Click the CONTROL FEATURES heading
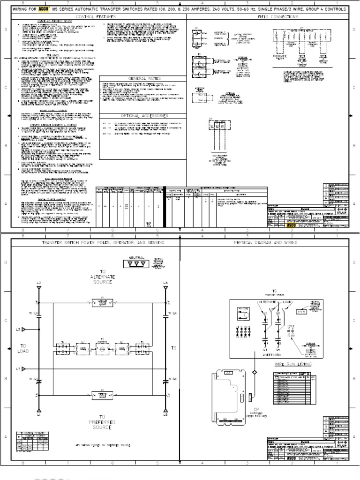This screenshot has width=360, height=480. (99, 16)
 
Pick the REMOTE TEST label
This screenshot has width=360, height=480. (279, 57)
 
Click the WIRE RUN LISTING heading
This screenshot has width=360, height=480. (292, 363)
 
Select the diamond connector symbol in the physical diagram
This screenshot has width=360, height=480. (255, 372)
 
